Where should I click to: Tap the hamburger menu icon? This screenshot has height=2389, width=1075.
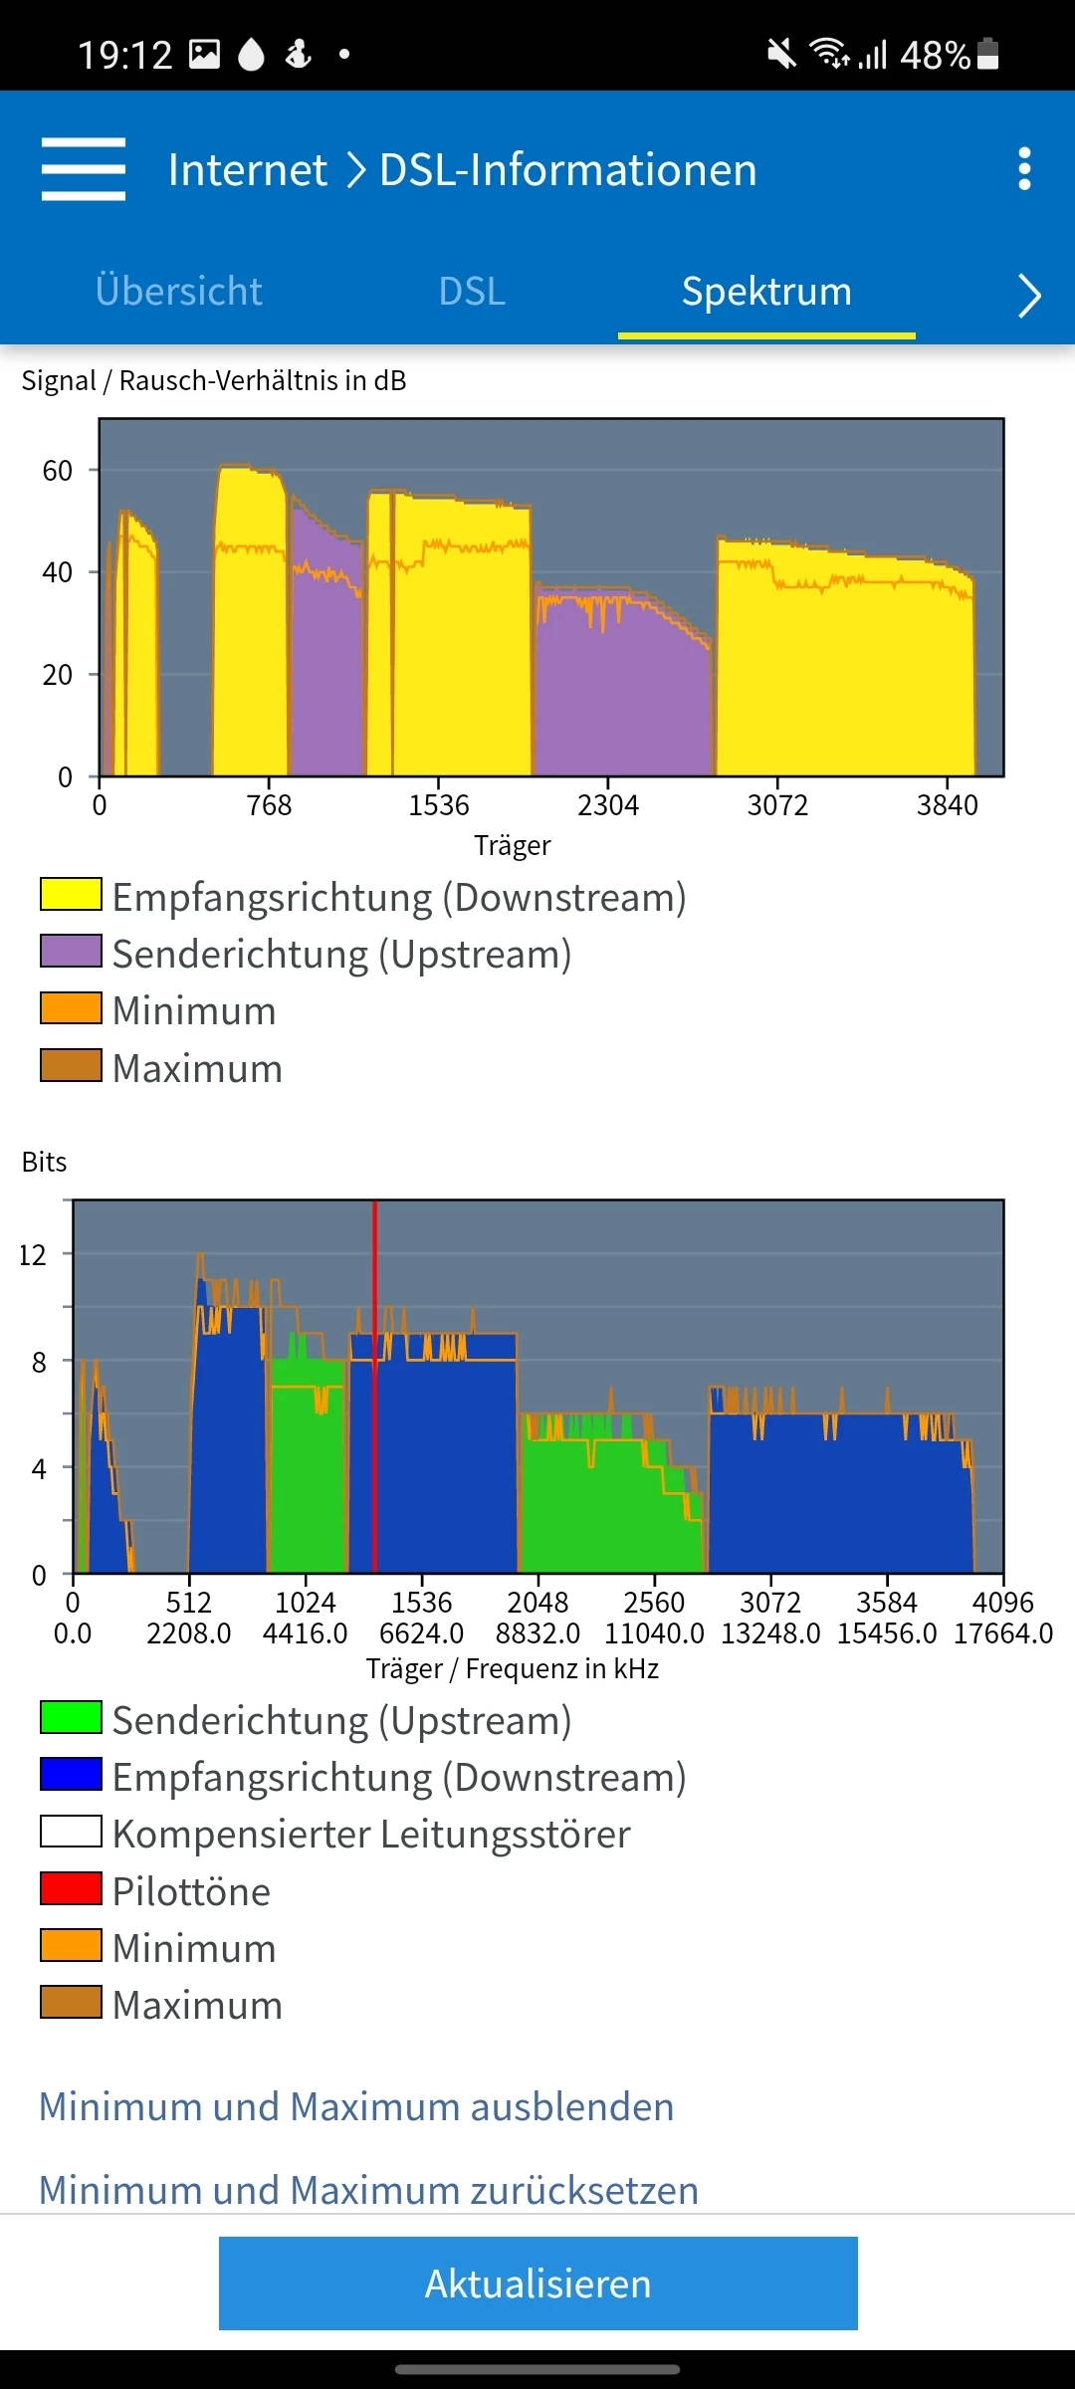point(84,169)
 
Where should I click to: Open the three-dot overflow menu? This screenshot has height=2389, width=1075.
point(1024,169)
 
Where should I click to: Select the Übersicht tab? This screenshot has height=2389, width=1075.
point(179,292)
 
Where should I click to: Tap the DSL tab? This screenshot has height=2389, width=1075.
point(472,292)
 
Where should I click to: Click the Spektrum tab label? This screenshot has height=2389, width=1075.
point(766,292)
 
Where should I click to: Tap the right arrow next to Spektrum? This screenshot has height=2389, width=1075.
point(1029,296)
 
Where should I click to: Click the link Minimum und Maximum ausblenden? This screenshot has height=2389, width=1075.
point(356,2106)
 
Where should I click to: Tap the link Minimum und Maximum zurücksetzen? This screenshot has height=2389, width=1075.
point(368,2190)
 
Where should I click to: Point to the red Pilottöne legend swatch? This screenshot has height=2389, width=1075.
point(71,1888)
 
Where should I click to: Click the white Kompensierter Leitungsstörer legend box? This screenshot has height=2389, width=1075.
point(71,1832)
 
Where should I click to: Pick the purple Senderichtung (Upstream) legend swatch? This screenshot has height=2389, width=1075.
point(71,952)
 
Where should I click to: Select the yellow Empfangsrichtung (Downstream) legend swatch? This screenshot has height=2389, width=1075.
point(71,894)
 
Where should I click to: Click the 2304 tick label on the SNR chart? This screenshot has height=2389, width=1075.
point(608,804)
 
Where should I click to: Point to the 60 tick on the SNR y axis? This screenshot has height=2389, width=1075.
point(58,470)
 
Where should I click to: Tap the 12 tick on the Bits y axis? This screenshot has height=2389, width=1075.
point(33,1254)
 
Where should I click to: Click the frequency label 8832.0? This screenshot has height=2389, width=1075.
point(537,1633)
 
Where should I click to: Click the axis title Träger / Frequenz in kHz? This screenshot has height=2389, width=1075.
point(513,1668)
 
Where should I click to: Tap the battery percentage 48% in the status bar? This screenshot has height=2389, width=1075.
point(935,55)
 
